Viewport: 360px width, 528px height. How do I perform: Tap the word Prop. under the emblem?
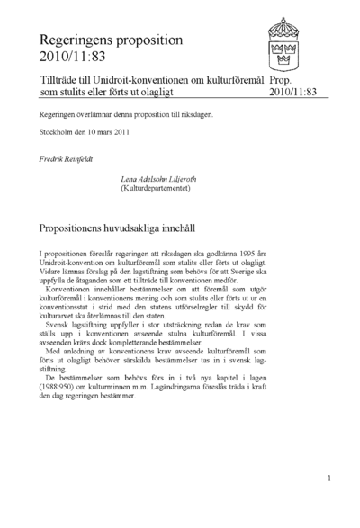click(x=281, y=79)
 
